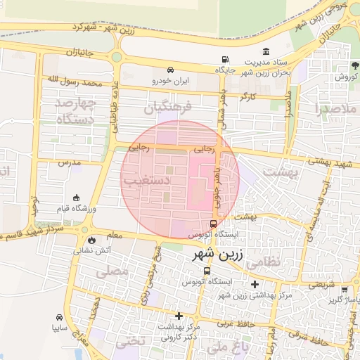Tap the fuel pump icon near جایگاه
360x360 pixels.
pyautogui.click(x=224, y=59)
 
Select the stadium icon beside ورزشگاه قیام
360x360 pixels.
pyautogui.click(x=77, y=199)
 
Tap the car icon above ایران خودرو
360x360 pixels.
pyautogui.click(x=170, y=70)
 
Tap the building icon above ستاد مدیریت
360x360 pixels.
pyautogui.click(x=266, y=52)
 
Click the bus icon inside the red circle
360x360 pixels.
pyautogui.click(x=214, y=224)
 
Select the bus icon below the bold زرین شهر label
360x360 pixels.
pyautogui.click(x=207, y=271)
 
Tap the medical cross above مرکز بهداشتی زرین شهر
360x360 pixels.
pyautogui.click(x=255, y=284)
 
